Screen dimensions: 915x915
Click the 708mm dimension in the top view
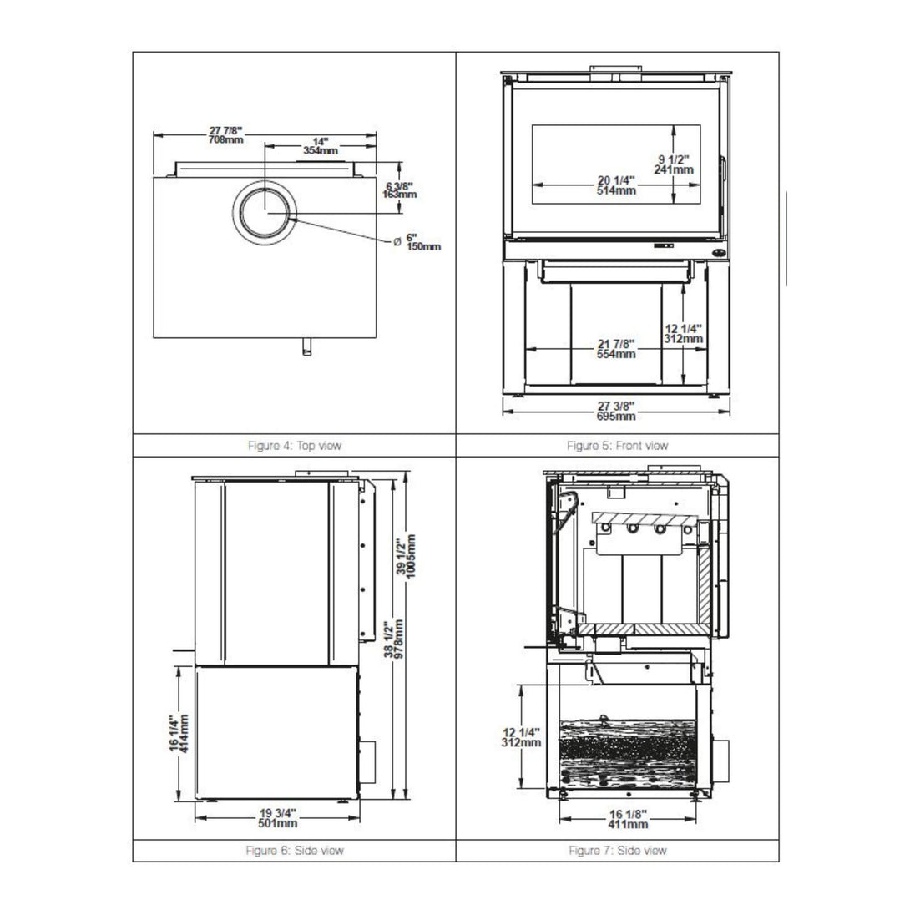pos(226,135)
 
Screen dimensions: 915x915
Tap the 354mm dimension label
pos(321,146)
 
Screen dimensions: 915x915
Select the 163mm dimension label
pos(399,190)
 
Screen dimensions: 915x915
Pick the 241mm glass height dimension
pos(674,164)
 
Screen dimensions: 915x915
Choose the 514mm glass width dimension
pos(616,185)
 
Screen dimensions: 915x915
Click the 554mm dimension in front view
pos(616,349)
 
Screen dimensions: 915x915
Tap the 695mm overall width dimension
pos(616,411)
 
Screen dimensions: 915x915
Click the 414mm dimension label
pos(179,734)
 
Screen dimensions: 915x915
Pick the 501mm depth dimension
pos(278,818)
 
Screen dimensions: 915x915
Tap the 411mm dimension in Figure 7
pos(628,819)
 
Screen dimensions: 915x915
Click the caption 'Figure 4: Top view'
pos(295,446)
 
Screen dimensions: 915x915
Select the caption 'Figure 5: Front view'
pos(618,446)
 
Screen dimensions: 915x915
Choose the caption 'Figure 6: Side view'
pos(295,851)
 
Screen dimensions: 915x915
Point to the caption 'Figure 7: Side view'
pos(618,851)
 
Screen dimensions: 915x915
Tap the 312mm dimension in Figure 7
pos(521,738)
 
